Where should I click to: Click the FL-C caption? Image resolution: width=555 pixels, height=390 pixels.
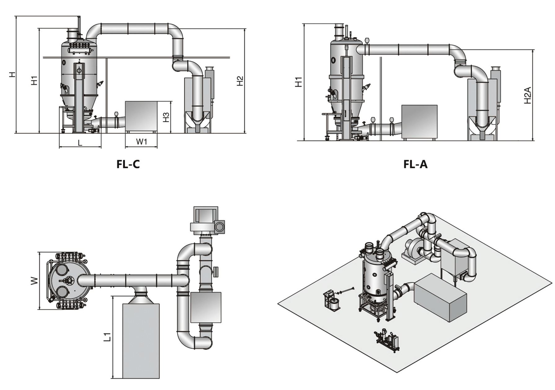point(128,164)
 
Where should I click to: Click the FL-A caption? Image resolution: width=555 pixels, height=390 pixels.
point(415,164)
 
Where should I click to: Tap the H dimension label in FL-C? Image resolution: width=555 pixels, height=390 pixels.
point(12,74)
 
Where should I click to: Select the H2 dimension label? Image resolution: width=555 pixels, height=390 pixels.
point(240,81)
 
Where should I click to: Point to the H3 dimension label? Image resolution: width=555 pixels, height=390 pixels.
point(166,117)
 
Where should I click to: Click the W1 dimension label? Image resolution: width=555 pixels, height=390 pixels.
point(141,142)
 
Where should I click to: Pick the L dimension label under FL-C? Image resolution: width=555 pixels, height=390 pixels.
point(80,143)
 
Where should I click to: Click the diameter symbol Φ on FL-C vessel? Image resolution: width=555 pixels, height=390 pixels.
point(79,70)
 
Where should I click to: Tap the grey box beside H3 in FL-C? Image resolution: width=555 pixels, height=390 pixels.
point(141,116)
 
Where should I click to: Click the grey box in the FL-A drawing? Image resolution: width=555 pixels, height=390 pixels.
point(420,121)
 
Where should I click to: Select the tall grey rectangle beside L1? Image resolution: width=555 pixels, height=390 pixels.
point(141,341)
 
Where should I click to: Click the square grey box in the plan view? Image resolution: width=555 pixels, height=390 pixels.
point(206,307)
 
